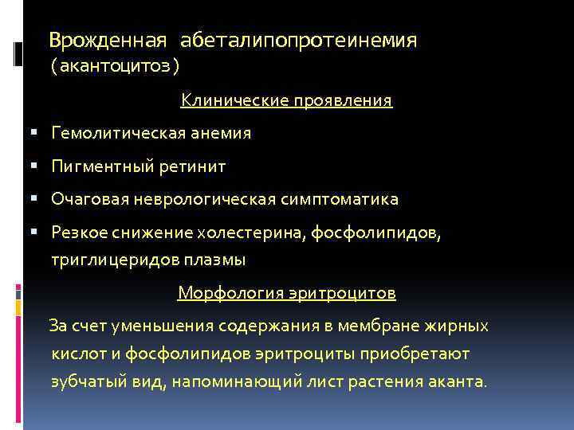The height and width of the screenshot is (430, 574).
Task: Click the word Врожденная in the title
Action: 108,39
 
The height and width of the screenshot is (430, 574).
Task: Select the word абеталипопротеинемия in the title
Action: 298,39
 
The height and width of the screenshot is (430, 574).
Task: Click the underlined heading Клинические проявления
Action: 286,100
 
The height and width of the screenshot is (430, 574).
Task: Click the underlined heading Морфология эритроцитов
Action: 286,293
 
